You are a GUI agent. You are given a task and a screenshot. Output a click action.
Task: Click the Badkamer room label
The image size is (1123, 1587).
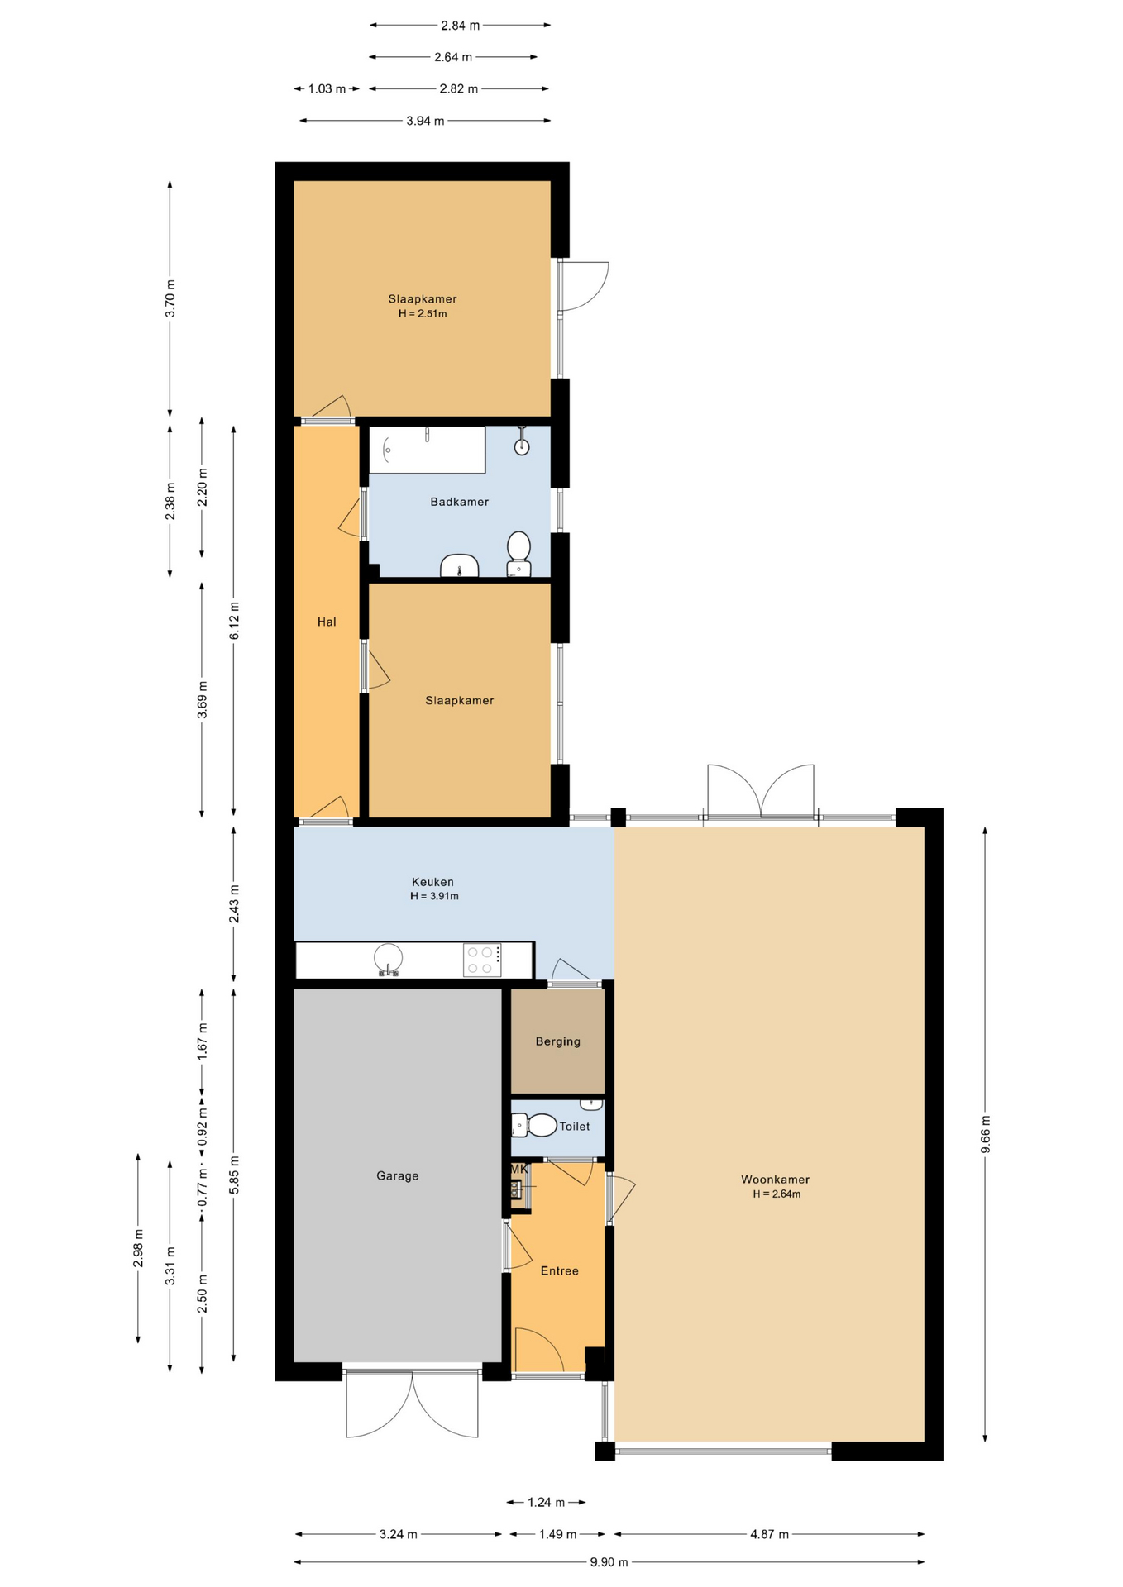(459, 502)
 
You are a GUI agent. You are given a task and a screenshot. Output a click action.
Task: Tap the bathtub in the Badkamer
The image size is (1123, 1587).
(427, 450)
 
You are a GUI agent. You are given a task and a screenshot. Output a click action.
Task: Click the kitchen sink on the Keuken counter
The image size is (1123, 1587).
(388, 960)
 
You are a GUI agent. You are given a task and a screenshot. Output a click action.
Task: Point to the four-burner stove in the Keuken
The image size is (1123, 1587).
(482, 960)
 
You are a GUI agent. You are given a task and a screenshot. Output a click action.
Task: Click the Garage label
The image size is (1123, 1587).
(398, 1175)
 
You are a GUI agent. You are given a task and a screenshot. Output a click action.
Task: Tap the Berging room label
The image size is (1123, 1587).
(558, 1041)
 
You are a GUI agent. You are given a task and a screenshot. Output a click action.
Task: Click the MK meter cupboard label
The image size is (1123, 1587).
(518, 1169)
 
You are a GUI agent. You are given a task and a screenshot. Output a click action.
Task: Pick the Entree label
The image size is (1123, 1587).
(560, 1270)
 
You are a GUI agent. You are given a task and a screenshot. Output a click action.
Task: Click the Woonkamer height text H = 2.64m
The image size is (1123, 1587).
(777, 1194)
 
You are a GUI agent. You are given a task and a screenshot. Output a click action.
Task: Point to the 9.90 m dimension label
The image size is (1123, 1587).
(609, 1561)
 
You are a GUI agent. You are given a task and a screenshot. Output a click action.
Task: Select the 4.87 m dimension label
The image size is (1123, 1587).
(770, 1534)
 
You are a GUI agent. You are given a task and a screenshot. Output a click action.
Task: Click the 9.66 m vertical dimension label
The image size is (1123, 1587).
(985, 1133)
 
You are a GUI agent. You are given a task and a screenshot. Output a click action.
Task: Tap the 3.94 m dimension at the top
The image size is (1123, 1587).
(425, 121)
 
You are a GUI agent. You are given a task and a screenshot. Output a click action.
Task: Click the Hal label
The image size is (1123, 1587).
(327, 622)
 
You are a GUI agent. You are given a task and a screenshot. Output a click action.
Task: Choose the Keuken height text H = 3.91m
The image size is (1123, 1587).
(434, 896)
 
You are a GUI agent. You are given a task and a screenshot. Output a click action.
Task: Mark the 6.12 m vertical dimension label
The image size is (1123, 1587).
(234, 620)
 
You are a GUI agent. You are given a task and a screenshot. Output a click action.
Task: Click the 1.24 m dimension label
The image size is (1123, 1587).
(547, 1502)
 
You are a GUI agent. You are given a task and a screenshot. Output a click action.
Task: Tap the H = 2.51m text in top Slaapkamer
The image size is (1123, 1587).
(423, 314)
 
